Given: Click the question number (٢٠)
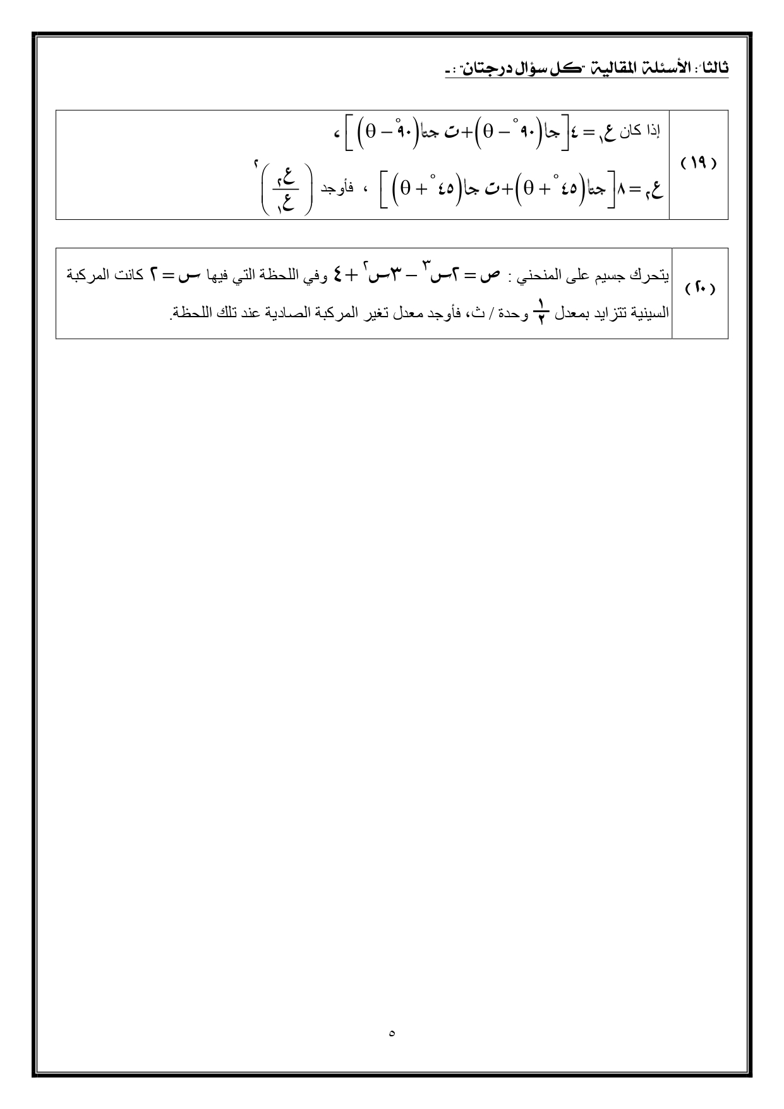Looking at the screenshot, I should (699, 289).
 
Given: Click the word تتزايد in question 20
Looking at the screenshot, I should (600, 313).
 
